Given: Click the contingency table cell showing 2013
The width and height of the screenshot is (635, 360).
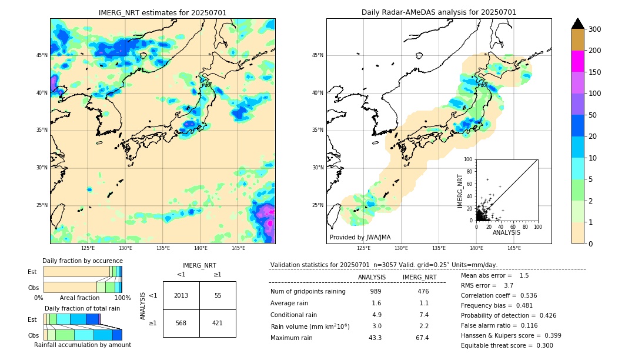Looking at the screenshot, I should pyautogui.click(x=181, y=295).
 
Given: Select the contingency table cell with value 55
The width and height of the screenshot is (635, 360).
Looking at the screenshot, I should pyautogui.click(x=218, y=295).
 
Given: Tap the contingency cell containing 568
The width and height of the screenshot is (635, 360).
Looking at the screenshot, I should pyautogui.click(x=181, y=323).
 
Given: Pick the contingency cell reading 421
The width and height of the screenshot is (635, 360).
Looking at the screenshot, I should pyautogui.click(x=218, y=323).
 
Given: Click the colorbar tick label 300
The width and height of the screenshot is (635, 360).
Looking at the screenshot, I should pyautogui.click(x=595, y=29).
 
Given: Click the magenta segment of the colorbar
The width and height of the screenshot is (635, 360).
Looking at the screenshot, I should pyautogui.click(x=577, y=61).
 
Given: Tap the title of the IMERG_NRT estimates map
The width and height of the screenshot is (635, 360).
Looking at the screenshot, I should pyautogui.click(x=162, y=12).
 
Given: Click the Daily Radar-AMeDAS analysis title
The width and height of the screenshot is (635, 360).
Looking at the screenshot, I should pyautogui.click(x=439, y=12).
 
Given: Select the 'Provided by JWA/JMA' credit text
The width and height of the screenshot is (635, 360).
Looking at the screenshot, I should pyautogui.click(x=360, y=238).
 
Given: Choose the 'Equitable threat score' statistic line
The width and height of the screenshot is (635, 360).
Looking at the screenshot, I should pyautogui.click(x=507, y=345).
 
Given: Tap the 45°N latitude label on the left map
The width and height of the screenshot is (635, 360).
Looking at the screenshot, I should pyautogui.click(x=42, y=55).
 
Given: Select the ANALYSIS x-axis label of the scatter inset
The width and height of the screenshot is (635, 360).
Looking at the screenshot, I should pyautogui.click(x=506, y=232).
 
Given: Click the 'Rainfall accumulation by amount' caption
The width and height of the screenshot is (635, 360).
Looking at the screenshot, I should pyautogui.click(x=82, y=345).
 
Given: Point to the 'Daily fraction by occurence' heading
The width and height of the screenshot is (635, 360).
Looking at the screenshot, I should pyautogui.click(x=82, y=261).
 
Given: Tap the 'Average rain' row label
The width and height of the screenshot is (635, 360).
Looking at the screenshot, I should pyautogui.click(x=290, y=303).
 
